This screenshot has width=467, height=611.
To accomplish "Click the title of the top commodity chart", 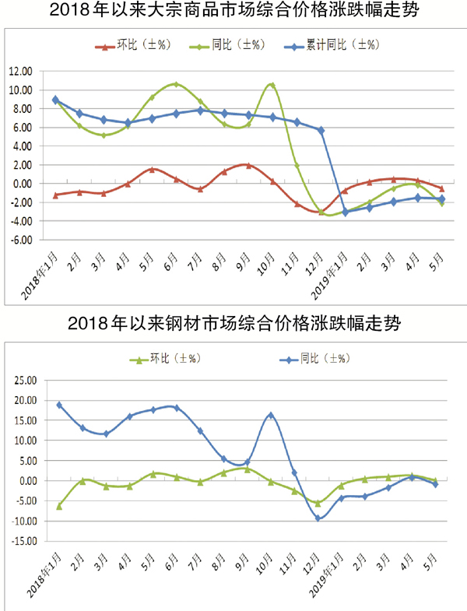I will click(233, 12).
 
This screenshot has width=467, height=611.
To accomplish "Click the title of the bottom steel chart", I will click(233, 321).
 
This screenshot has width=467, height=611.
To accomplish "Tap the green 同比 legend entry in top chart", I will click(226, 45).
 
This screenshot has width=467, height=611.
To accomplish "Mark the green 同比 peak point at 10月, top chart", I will click(272, 85).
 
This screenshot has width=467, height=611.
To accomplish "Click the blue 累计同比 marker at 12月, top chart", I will click(321, 130).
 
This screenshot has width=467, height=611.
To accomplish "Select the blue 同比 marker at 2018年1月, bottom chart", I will click(58, 405).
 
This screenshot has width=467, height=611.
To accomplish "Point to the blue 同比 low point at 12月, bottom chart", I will click(318, 518).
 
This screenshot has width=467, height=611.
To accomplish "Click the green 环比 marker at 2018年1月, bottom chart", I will click(58, 506).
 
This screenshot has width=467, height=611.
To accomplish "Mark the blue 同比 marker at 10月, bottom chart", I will click(271, 415).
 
